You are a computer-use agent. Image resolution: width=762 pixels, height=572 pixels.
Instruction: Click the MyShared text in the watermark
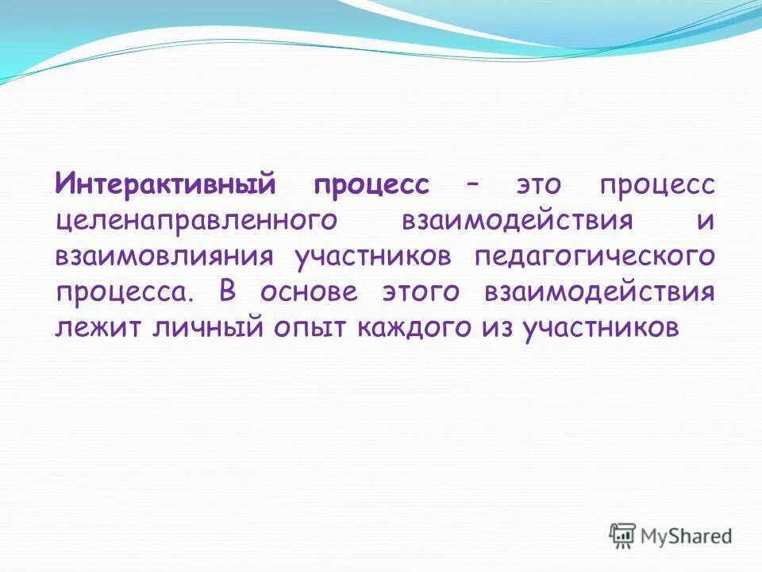click(687, 535)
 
